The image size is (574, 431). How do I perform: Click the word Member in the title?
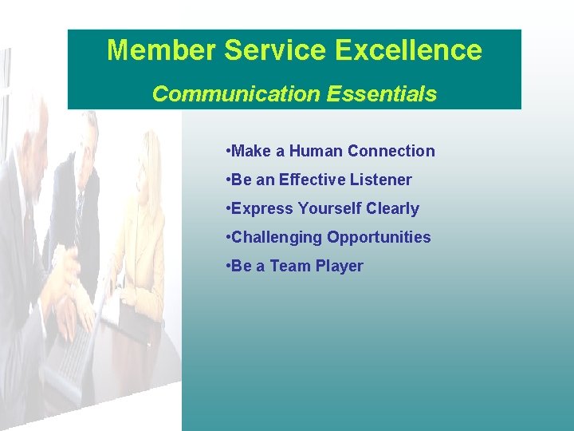160,50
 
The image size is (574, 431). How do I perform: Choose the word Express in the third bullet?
262,208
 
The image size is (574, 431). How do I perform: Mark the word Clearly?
393,208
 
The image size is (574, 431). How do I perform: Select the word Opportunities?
379,237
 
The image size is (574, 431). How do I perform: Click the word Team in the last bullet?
292,266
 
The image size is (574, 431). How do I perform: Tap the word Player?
340,266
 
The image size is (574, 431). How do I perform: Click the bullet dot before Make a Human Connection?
229,151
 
